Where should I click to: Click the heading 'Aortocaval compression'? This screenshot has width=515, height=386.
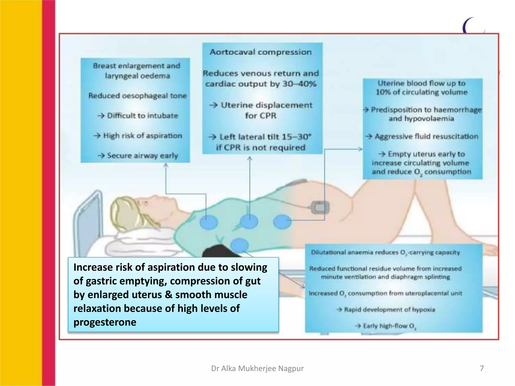(261, 52)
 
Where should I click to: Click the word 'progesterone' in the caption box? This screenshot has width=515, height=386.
(105, 322)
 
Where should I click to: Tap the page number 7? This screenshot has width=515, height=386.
(482, 368)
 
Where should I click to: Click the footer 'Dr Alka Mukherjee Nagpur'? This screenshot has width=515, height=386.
(257, 368)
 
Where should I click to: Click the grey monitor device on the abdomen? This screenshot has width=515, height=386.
(320, 208)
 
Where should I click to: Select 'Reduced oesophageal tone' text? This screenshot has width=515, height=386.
(137, 96)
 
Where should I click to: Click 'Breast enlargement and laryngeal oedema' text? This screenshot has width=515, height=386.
(137, 71)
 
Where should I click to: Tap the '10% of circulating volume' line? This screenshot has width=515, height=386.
(421, 92)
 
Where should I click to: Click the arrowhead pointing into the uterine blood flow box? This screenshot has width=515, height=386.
(360, 149)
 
